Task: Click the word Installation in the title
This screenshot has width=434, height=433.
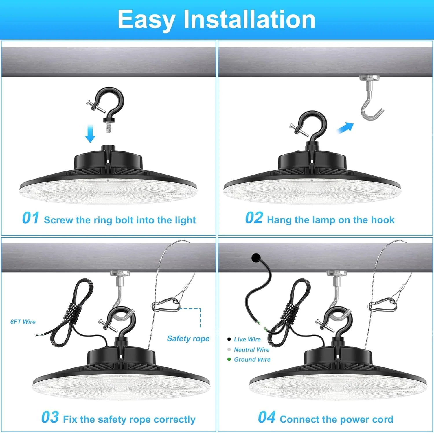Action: (249, 19)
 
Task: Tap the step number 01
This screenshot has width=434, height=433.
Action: (31, 218)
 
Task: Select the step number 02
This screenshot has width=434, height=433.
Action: (254, 218)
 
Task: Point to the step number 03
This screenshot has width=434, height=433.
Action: (50, 417)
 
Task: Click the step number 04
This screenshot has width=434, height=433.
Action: (267, 417)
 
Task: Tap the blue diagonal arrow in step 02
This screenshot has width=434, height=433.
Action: (345, 127)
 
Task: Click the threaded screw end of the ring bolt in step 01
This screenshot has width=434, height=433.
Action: (109, 127)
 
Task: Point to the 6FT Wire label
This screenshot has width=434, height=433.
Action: (23, 322)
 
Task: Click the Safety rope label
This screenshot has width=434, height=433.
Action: (188, 338)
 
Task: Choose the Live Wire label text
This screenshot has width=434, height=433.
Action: (247, 339)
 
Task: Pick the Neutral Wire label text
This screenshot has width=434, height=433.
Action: (252, 350)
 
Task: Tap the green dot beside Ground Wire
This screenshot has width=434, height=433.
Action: (229, 359)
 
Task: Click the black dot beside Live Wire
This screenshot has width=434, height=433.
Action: (229, 339)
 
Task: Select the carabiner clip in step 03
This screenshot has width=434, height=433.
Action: (165, 305)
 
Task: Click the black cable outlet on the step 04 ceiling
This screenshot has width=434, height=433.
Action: (256, 258)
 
